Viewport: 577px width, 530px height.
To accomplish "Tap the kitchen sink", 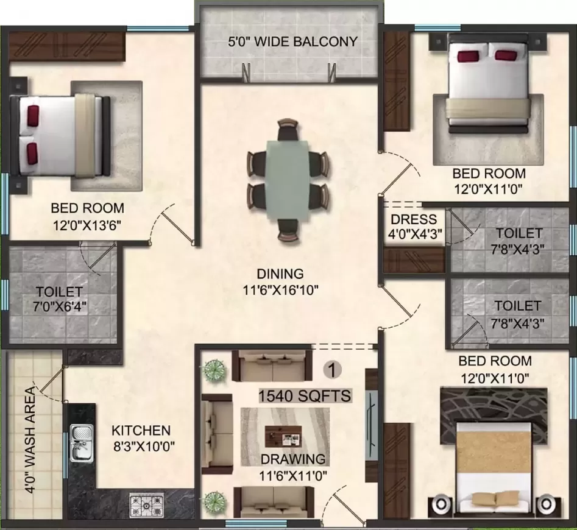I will point(80,442).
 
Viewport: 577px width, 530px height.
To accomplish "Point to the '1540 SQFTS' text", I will point(305,396).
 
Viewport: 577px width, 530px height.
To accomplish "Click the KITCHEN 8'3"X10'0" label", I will point(141,438).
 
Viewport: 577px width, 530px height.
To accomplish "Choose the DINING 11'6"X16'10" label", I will point(280,281).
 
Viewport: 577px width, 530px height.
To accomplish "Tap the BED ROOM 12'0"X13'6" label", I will point(87,216).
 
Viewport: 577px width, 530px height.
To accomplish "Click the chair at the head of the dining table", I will point(288,130).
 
